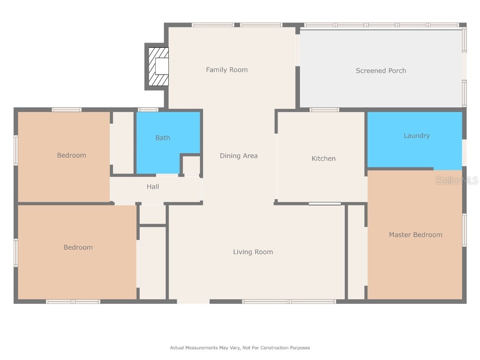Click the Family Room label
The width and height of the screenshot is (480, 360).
click(227, 70)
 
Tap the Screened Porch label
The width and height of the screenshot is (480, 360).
click(381, 71)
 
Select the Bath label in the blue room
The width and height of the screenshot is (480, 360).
click(163, 138)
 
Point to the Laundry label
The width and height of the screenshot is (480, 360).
click(416, 135)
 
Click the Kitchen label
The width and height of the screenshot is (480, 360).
click(323, 158)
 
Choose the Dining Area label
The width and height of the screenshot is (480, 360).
click(239, 156)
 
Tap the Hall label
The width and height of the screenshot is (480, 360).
click(153, 187)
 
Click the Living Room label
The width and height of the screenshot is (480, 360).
click(253, 252)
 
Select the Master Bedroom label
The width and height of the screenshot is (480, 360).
click(415, 235)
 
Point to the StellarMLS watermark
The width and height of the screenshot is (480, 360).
click(456, 180)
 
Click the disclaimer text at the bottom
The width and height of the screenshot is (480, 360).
click(240, 348)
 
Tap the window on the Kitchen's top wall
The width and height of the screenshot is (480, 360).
click(324, 110)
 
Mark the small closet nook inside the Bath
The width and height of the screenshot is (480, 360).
click(191, 165)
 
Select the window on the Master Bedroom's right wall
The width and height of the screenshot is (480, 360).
click(464, 230)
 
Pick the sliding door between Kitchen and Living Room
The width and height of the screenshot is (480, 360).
click(324, 203)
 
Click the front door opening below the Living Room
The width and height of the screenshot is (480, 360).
click(193, 301)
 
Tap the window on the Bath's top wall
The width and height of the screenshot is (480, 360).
click(148, 110)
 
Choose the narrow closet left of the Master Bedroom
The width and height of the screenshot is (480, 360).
click(356, 252)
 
